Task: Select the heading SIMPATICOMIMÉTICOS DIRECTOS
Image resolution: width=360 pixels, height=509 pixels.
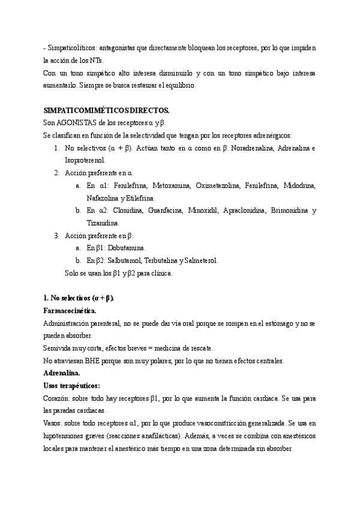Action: (107, 110)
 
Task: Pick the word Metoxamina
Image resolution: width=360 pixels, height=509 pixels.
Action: (171, 185)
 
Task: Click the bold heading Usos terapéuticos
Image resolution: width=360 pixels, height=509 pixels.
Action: (72, 385)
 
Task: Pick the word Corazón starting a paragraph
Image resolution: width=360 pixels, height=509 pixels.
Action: (58, 398)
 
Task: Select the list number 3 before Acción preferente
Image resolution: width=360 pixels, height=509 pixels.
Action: (56, 235)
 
